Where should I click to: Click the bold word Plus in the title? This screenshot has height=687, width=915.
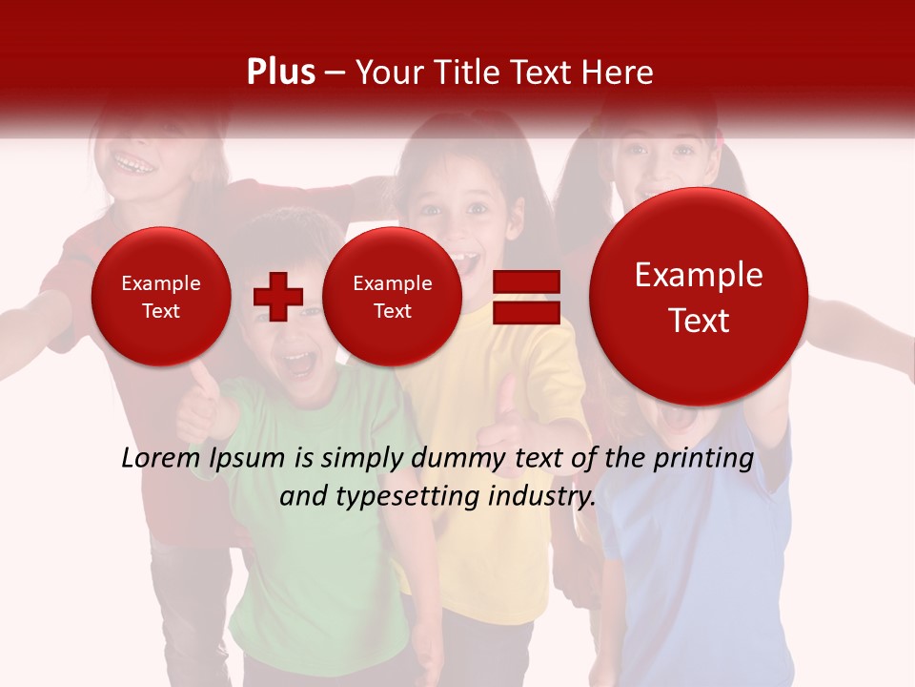(280, 73)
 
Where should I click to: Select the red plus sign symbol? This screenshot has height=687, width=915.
(277, 296)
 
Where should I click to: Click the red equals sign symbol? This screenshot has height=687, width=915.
(526, 296)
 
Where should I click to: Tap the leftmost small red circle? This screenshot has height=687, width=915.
(160, 297)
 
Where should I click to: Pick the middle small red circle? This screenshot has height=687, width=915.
(392, 297)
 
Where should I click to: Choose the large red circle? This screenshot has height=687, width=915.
(699, 297)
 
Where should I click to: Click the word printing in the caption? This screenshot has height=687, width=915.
(702, 458)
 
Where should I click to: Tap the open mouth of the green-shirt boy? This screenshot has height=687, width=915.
(299, 363)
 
